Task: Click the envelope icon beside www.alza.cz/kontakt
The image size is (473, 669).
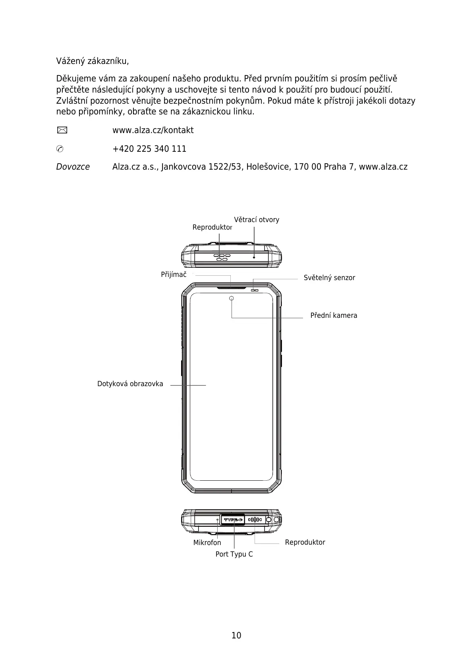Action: (62, 130)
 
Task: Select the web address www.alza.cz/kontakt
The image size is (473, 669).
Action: (153, 130)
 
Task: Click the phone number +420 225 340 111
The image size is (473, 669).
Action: (149, 149)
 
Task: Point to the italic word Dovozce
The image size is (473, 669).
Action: (73, 167)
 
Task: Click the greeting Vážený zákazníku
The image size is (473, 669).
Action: (93, 62)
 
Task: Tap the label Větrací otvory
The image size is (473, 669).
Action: (257, 220)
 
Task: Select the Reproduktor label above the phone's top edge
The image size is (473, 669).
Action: (212, 227)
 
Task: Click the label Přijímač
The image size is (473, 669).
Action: (174, 275)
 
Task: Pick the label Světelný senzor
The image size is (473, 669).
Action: (329, 278)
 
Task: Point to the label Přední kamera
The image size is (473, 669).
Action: (334, 315)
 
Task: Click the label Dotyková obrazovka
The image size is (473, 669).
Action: (130, 384)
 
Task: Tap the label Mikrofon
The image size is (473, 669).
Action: (207, 543)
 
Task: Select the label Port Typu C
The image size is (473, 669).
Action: (234, 554)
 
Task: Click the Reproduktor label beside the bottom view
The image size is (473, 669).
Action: (305, 542)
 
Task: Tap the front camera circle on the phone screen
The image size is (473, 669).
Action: (232, 298)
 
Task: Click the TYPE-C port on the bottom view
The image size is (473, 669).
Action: (233, 520)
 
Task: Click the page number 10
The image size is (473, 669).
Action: (236, 635)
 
